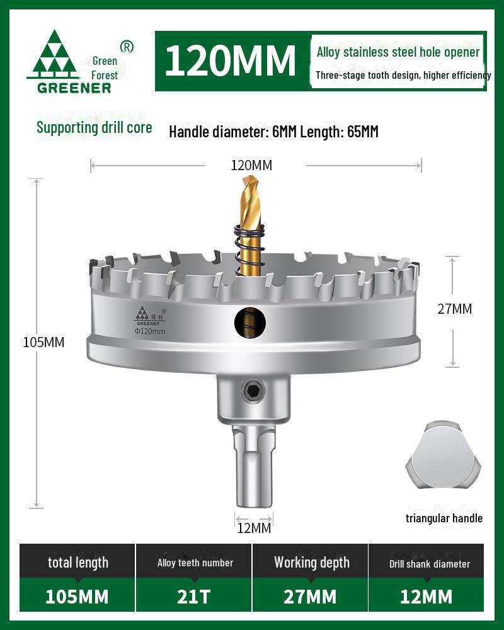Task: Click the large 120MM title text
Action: click(x=230, y=60)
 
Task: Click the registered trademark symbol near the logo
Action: click(x=127, y=47)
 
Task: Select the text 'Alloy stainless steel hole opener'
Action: click(x=398, y=52)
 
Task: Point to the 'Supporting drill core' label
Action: click(x=94, y=127)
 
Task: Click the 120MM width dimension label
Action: click(x=251, y=166)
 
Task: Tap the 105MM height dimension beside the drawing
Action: click(x=43, y=342)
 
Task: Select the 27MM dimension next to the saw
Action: click(x=455, y=309)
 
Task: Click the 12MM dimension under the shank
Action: click(x=254, y=528)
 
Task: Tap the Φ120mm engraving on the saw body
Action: click(x=150, y=331)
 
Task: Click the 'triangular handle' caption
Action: click(x=444, y=518)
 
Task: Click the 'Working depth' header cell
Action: click(x=311, y=563)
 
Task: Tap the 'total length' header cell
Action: click(x=78, y=563)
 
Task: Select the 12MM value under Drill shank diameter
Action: click(x=426, y=596)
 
